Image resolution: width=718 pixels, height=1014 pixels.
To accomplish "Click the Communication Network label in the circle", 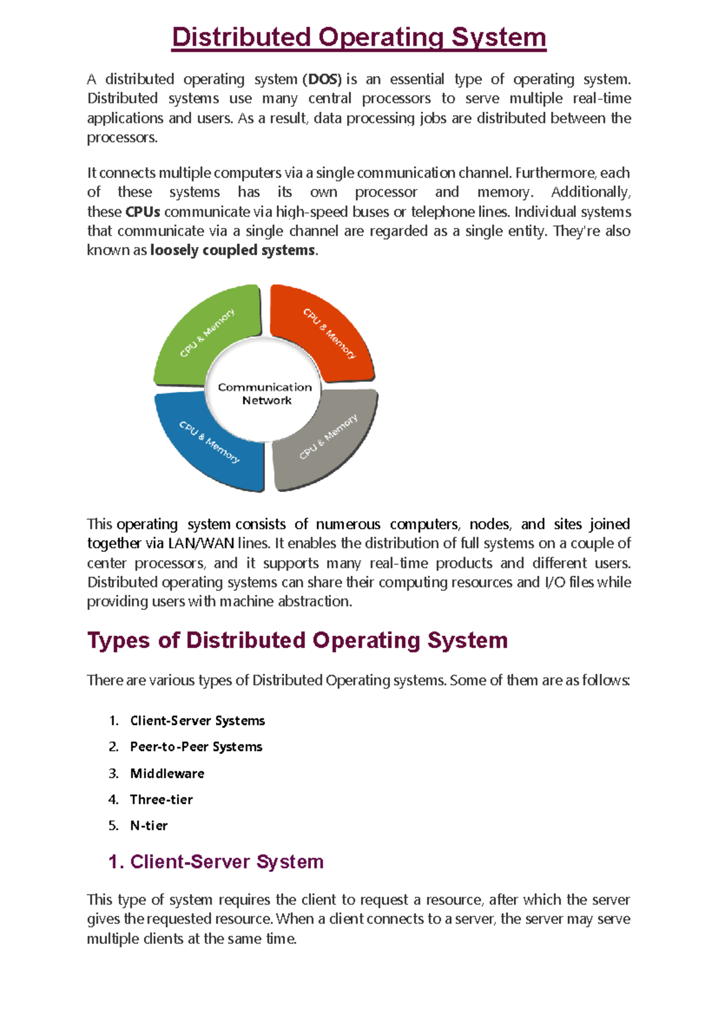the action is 265,394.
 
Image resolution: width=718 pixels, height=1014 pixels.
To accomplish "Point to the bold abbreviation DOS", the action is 324,80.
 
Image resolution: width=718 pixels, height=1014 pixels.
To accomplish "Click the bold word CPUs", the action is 142,212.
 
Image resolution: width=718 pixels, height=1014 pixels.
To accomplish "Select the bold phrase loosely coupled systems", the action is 232,251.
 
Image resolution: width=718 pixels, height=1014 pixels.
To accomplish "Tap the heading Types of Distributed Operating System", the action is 297,640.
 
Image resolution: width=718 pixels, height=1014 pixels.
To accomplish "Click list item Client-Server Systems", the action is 197,721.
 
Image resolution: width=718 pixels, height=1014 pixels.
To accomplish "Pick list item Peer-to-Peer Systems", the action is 196,747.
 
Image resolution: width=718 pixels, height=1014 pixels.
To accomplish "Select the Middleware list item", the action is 167,774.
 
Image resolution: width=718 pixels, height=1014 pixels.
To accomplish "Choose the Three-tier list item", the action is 161,800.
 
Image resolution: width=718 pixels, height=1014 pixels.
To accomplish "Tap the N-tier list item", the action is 148,826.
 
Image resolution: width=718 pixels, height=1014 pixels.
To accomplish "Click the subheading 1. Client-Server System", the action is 216,862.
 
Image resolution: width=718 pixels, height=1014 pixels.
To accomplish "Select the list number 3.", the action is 114,774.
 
